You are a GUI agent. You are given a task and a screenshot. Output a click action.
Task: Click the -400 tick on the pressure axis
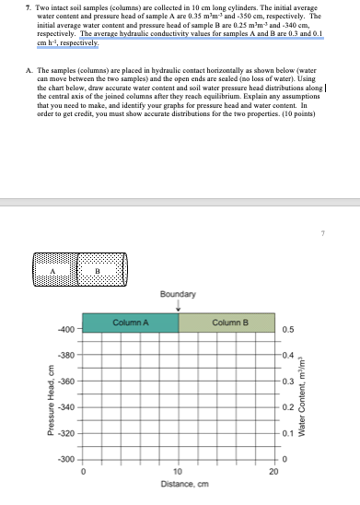(x=65, y=329)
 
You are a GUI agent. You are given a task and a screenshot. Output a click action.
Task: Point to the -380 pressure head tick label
(x=65, y=355)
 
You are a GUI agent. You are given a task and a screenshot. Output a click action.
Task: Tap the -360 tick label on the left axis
(x=65, y=381)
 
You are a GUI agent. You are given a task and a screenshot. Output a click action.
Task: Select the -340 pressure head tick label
(x=65, y=406)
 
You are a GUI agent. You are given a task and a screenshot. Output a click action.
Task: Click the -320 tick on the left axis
(x=65, y=432)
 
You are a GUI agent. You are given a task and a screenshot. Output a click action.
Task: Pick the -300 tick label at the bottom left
(x=65, y=459)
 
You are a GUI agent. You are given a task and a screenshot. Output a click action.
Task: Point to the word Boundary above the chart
(x=178, y=294)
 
